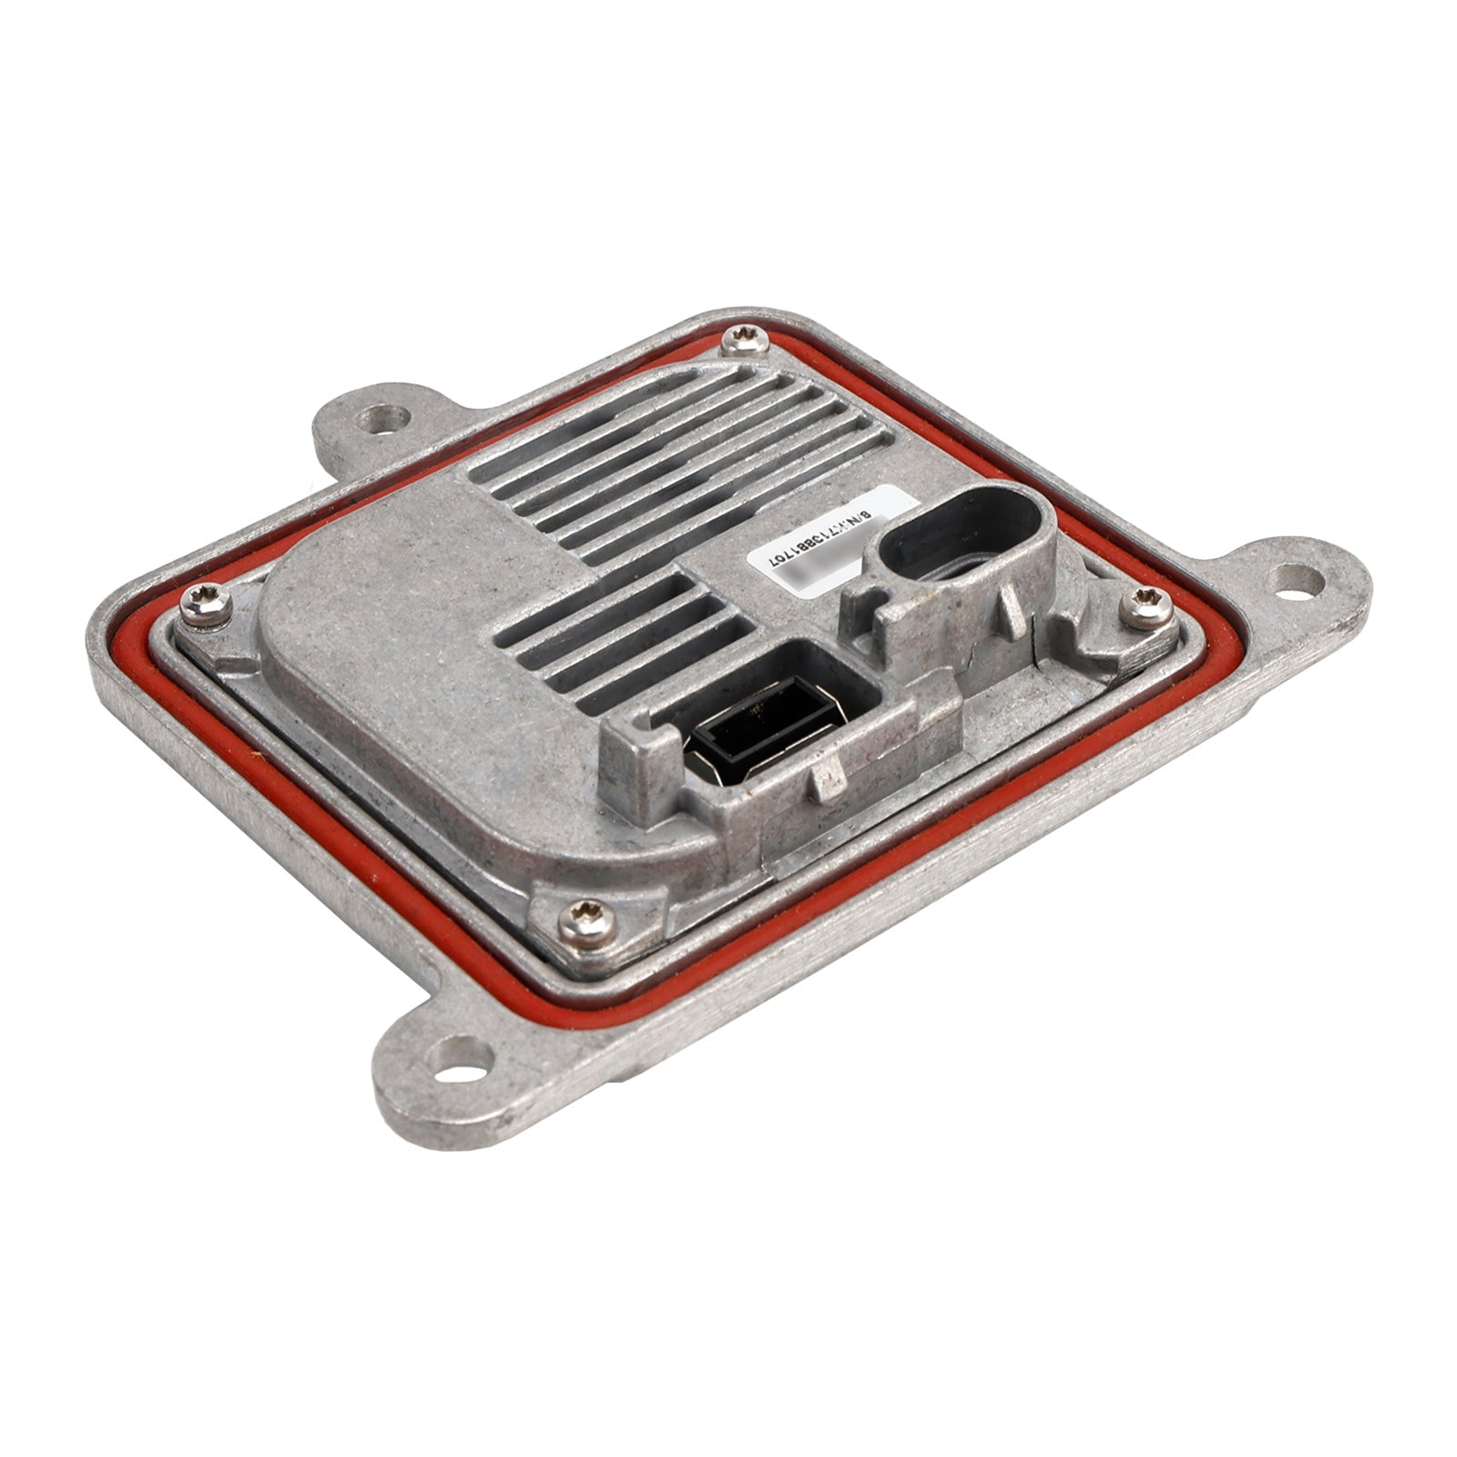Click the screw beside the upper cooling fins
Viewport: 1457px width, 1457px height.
point(736,343)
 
